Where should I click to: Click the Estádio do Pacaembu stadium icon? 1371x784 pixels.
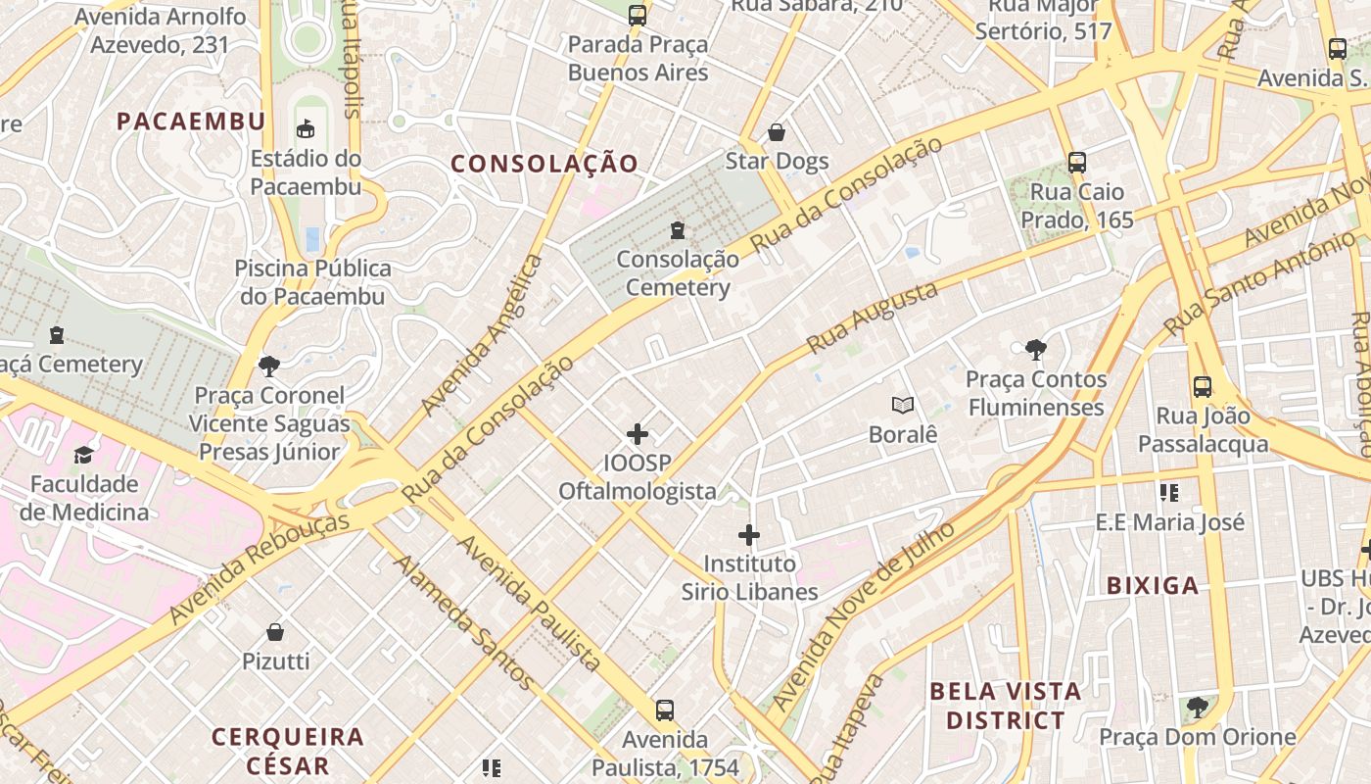tap(307, 128)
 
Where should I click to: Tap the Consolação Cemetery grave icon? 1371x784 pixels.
tap(677, 230)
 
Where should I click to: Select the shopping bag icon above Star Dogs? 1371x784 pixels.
tap(777, 131)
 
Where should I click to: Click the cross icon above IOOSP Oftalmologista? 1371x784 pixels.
tap(638, 433)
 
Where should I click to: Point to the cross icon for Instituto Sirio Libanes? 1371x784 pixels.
tap(749, 535)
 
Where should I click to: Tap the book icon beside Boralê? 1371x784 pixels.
tap(902, 405)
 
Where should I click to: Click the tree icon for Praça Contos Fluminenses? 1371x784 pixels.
tap(1035, 349)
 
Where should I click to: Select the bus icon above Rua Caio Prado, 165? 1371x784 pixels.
tap(1077, 163)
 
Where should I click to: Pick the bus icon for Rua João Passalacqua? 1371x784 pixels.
tap(1203, 387)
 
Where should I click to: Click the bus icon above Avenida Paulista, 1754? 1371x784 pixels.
tap(665, 710)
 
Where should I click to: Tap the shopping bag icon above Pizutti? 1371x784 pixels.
tap(275, 632)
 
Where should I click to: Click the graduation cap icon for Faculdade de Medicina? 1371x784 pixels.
tap(84, 455)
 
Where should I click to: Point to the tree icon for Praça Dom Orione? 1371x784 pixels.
tap(1197, 708)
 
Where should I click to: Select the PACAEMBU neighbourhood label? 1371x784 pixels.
tap(191, 122)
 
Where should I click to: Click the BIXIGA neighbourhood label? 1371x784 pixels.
tap(1153, 586)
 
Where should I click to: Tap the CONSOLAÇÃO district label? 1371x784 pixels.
tap(544, 164)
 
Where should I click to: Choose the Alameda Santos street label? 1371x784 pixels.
tap(465, 622)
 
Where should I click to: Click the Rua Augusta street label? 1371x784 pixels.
tap(872, 318)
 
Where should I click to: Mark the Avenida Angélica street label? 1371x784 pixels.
tap(481, 335)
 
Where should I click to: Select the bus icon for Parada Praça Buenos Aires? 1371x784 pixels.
tap(638, 16)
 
